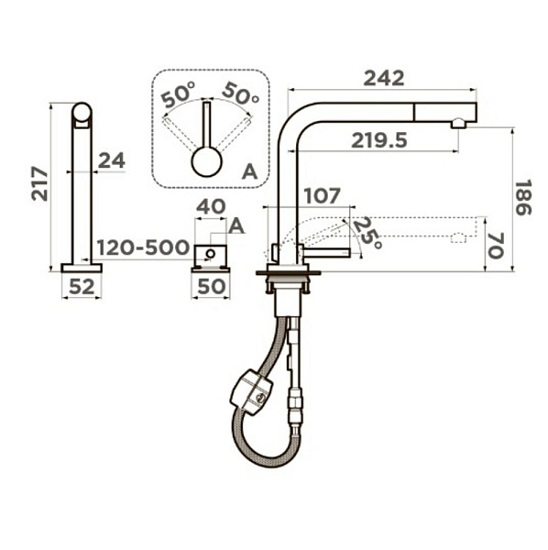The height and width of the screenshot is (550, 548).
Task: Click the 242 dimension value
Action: point(384,78)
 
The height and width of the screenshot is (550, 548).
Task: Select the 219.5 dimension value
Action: point(379,140)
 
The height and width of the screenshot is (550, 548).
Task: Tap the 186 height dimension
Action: point(523,197)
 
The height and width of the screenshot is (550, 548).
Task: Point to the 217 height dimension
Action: point(39,183)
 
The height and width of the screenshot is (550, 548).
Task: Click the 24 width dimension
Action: point(112,161)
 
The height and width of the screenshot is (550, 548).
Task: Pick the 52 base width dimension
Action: point(82,287)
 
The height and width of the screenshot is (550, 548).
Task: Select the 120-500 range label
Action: point(143,247)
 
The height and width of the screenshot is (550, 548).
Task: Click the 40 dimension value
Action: point(211,206)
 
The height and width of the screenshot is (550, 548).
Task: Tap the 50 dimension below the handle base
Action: point(212,287)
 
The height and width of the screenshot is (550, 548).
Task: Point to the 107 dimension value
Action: point(323,196)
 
